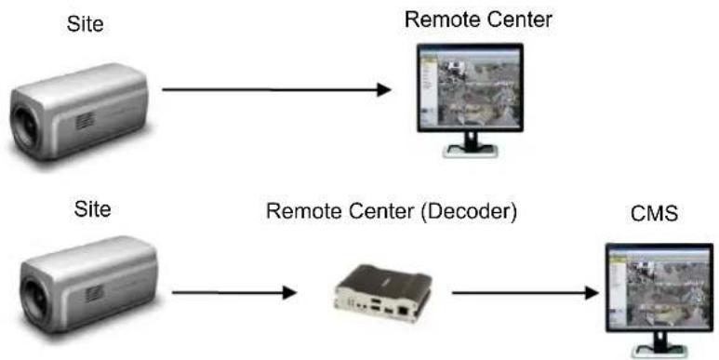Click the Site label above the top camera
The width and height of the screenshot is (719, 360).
tap(86, 24)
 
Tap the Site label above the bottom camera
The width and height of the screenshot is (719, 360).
tap(92, 209)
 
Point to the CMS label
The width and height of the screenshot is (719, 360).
tap(654, 214)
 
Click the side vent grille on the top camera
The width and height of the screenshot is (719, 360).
tap(85, 121)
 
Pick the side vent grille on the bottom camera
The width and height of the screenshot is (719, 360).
tap(95, 293)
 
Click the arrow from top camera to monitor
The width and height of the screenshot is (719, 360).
tap(276, 90)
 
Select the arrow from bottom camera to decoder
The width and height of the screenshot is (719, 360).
tap(234, 292)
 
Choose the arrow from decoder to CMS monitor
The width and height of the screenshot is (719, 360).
tap(526, 293)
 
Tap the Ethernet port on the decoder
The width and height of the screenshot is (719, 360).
tap(404, 310)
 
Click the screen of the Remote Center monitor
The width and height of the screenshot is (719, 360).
tap(470, 87)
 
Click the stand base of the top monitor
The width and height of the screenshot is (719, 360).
tap(470, 151)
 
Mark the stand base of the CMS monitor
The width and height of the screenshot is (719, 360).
tap(659, 351)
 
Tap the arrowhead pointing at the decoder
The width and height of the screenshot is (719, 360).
tap(290, 292)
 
